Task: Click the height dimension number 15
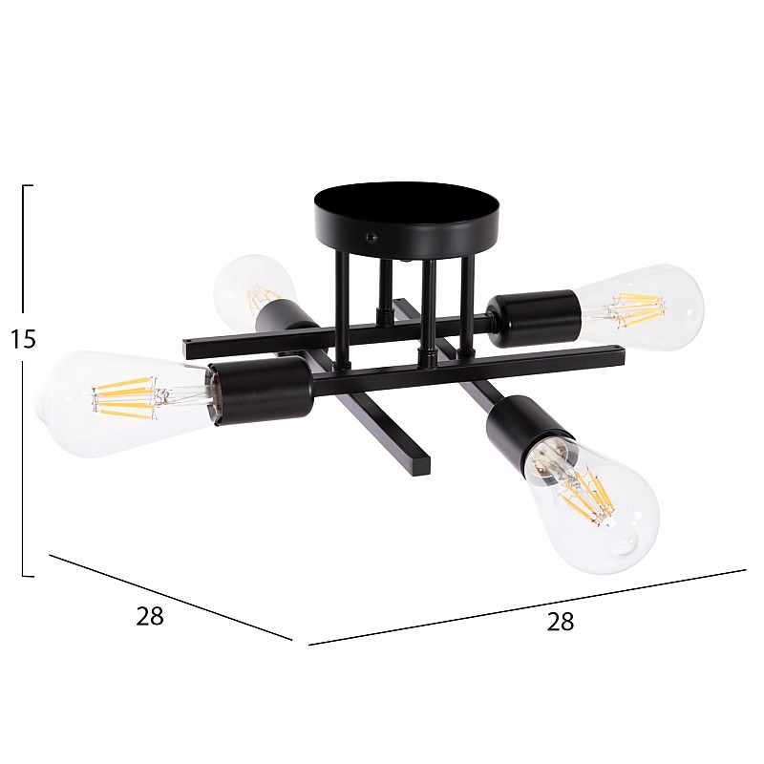(x=22, y=339)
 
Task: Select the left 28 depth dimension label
(x=150, y=616)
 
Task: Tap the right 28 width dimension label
(x=561, y=621)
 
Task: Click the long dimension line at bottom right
(x=525, y=607)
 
